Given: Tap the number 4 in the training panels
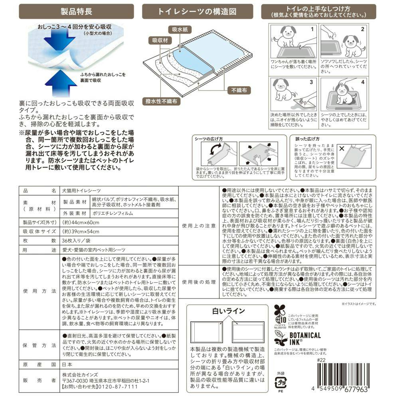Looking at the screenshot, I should (x=363, y=82).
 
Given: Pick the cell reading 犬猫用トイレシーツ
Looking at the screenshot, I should (x=82, y=191).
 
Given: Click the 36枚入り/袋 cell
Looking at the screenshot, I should (x=77, y=241).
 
